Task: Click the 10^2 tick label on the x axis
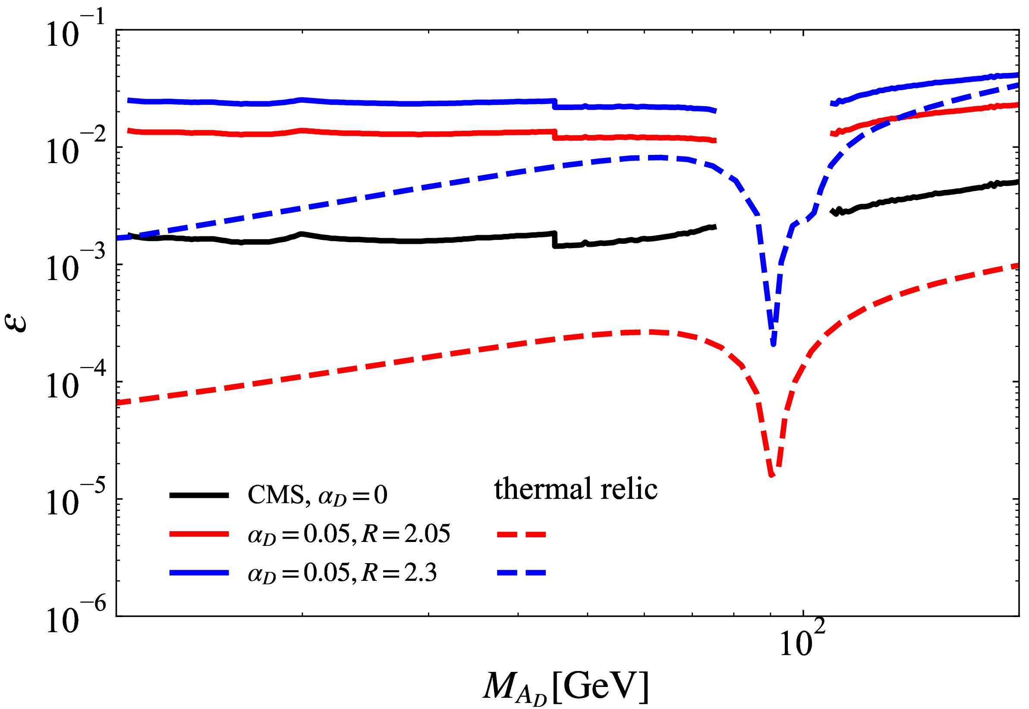pos(802,640)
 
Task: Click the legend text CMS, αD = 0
pos(317,495)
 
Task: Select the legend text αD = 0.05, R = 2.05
pos(349,534)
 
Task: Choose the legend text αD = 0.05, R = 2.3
pos(342,573)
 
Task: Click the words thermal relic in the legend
pos(576,489)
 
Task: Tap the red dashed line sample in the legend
pos(521,534)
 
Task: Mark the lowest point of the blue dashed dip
pos(773,343)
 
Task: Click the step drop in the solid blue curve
pos(554,104)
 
